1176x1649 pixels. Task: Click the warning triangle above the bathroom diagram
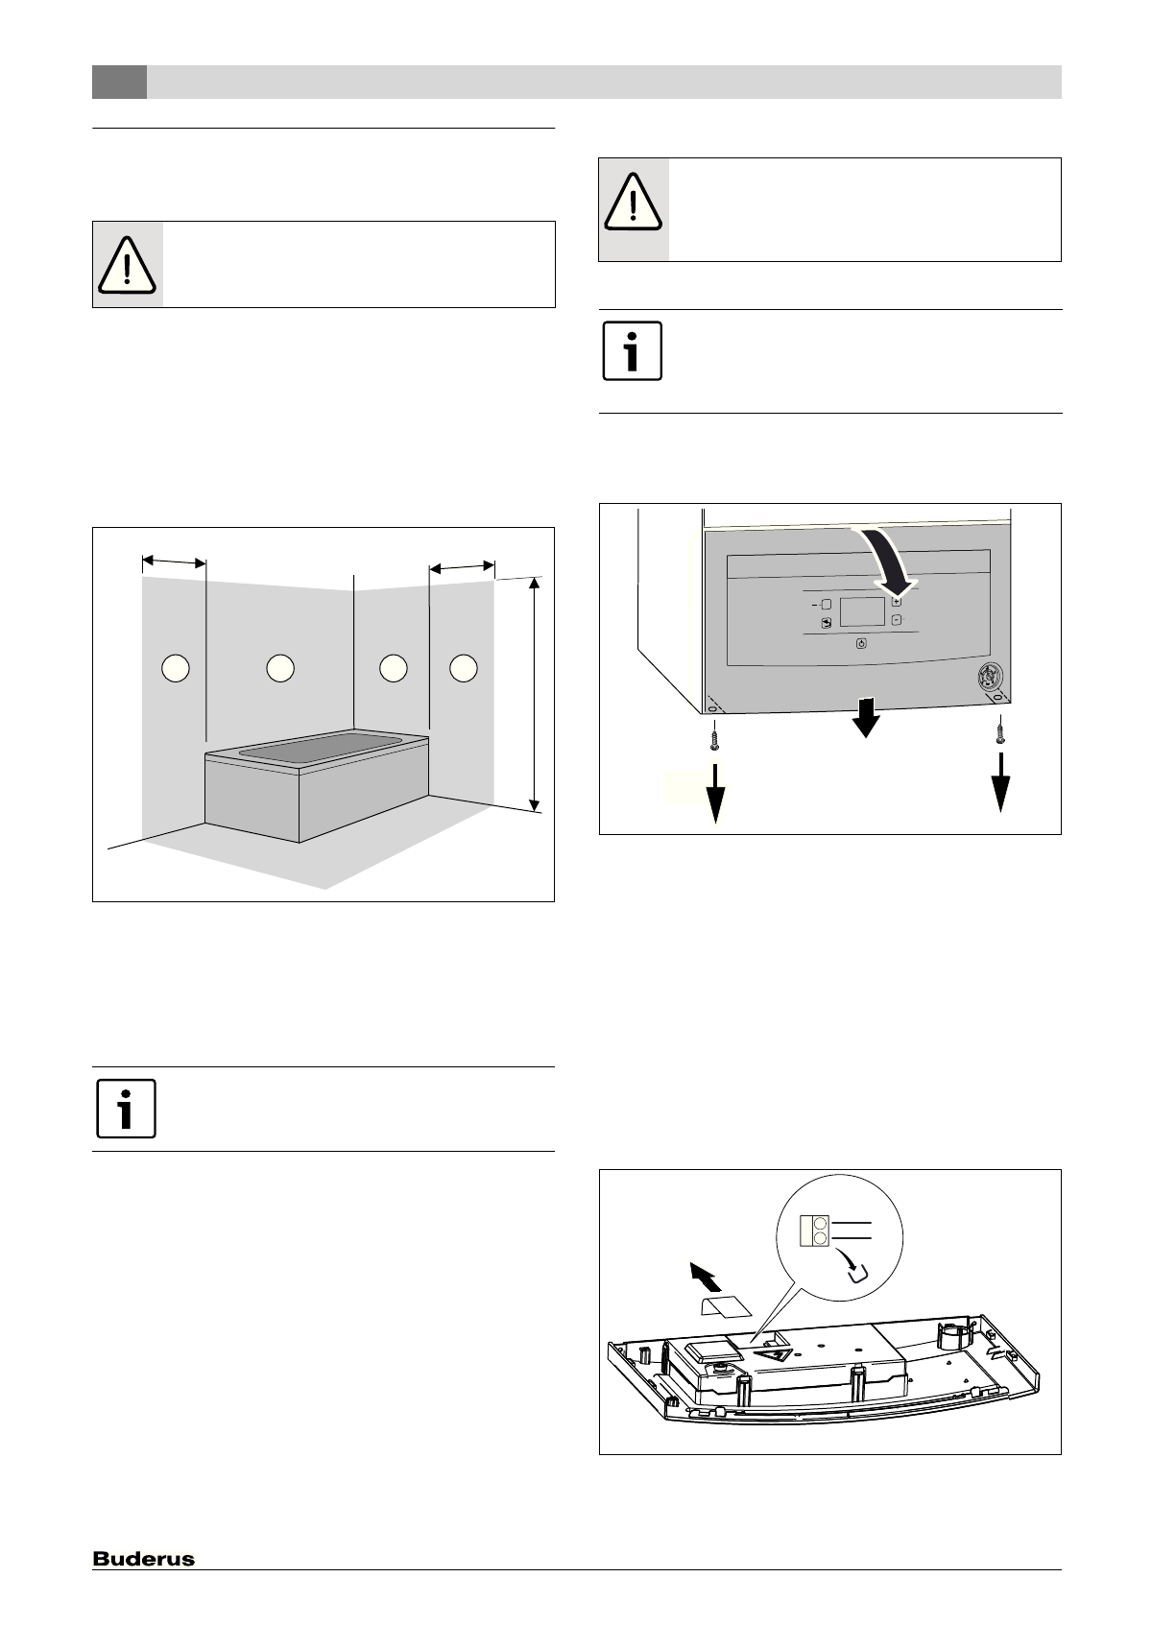pos(127,264)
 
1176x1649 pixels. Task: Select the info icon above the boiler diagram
pos(632,351)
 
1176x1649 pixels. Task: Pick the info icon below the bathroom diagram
pos(126,1109)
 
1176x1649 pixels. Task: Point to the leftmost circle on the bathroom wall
pos(175,667)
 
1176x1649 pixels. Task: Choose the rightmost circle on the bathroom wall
pos(464,667)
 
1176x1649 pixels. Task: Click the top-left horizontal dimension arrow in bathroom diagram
pos(174,560)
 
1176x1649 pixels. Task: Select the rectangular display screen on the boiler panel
pos(861,611)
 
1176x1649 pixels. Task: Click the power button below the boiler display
pos(861,644)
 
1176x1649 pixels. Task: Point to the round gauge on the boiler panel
pos(985,676)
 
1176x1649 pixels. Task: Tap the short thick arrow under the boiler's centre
pos(866,718)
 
